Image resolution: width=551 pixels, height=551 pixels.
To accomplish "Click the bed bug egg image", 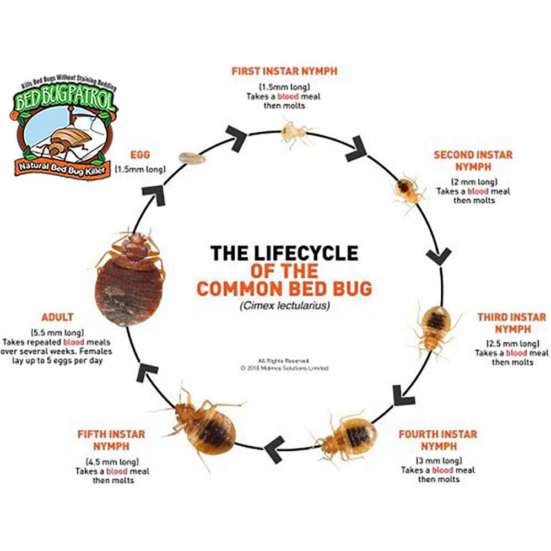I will pos(191,158).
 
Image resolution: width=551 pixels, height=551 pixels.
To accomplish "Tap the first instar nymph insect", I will pos(292,132).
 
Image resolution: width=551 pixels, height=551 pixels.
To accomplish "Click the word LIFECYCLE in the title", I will pos(305,253).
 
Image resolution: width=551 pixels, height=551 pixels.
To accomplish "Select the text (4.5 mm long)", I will pos(112,461).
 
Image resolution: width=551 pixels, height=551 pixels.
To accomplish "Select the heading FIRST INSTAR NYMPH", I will pos(284,71).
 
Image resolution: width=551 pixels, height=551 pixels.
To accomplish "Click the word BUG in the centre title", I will pos(349,288).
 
